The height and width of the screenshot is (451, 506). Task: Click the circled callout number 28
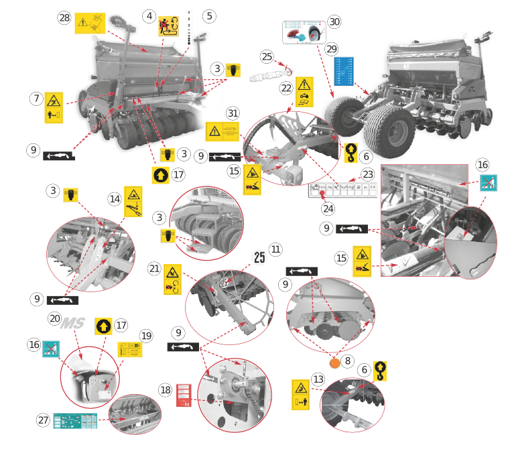click(64, 19)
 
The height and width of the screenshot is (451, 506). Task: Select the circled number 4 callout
click(149, 15)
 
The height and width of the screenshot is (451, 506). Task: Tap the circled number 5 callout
click(209, 15)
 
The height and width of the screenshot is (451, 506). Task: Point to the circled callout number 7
click(36, 99)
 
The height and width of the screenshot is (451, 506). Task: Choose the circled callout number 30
click(333, 22)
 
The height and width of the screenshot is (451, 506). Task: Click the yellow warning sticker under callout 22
click(304, 93)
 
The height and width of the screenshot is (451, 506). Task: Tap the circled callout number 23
click(367, 172)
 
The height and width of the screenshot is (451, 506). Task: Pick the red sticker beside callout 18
click(185, 396)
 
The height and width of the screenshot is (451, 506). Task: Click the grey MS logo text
click(72, 324)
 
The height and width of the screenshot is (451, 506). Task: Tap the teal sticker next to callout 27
click(76, 421)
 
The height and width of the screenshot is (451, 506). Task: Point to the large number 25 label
click(259, 257)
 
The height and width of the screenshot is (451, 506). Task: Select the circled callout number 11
click(275, 248)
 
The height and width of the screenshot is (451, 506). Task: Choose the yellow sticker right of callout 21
click(172, 277)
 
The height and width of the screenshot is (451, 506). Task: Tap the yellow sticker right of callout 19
click(128, 350)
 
